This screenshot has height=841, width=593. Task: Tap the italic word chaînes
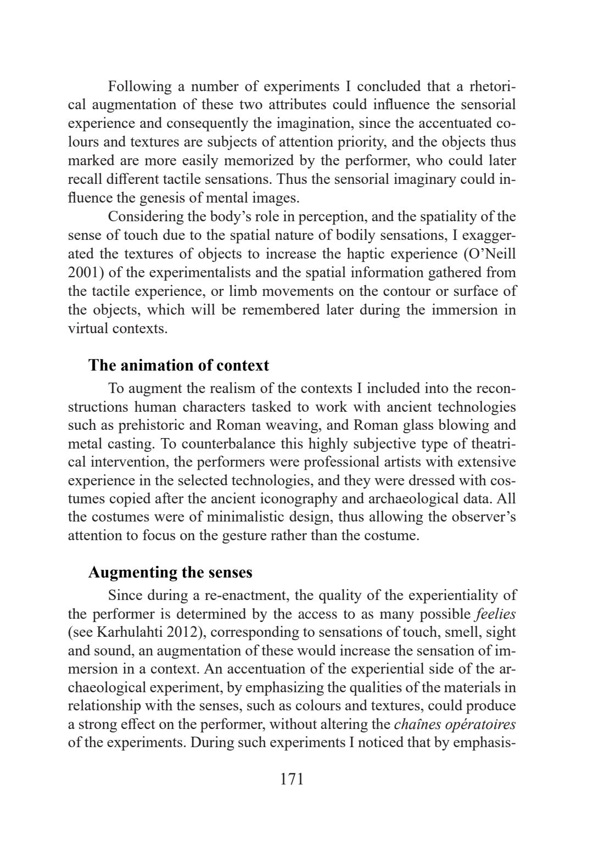[x=417, y=725]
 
